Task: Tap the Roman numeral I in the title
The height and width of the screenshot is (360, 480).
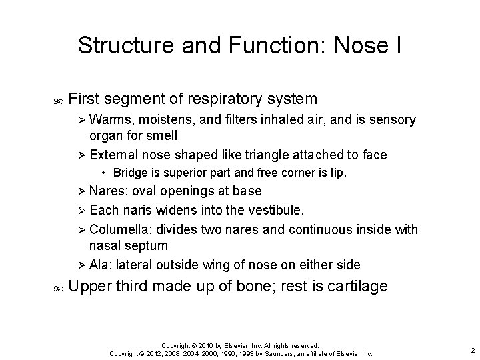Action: point(398,45)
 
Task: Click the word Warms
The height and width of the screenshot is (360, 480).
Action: point(110,120)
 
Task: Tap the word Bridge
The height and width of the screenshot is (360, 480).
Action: point(131,173)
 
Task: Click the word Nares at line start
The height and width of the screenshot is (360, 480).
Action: point(108,192)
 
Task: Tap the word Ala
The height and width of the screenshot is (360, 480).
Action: point(99,264)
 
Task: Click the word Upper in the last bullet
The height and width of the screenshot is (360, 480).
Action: point(91,287)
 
